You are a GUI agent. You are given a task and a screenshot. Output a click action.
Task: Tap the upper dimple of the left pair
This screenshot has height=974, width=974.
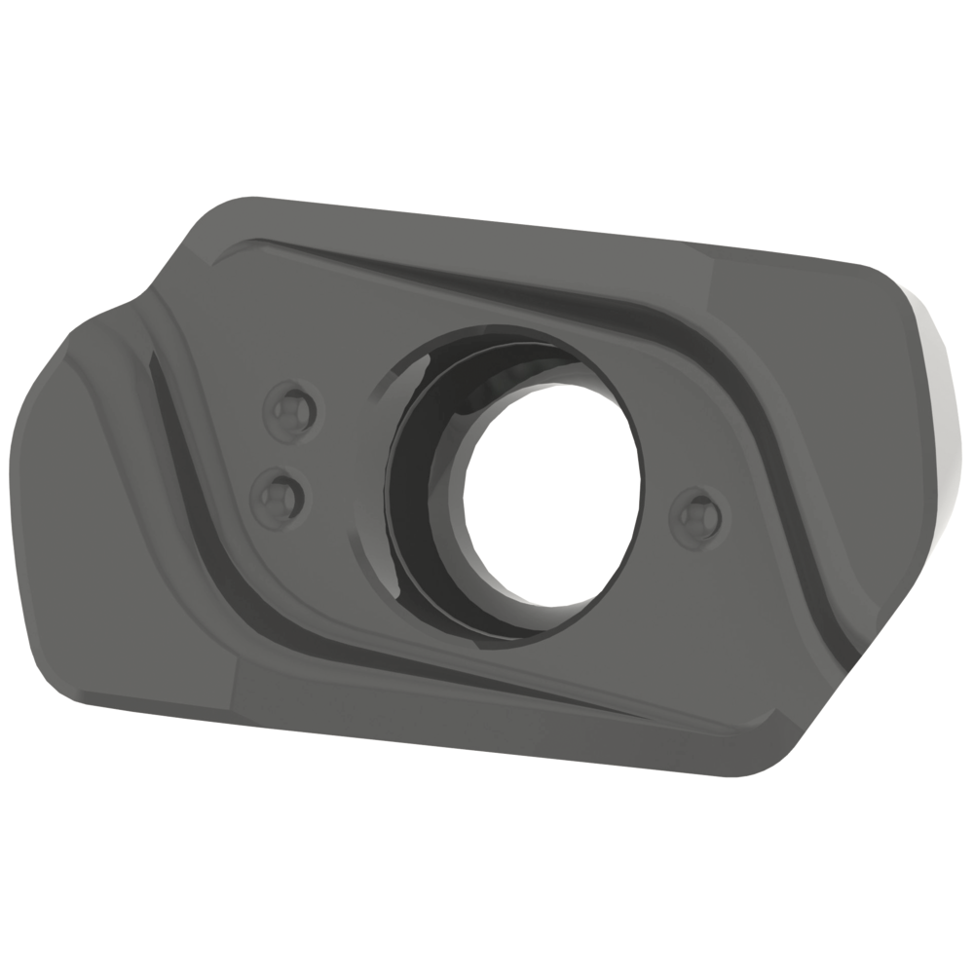(x=291, y=412)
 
